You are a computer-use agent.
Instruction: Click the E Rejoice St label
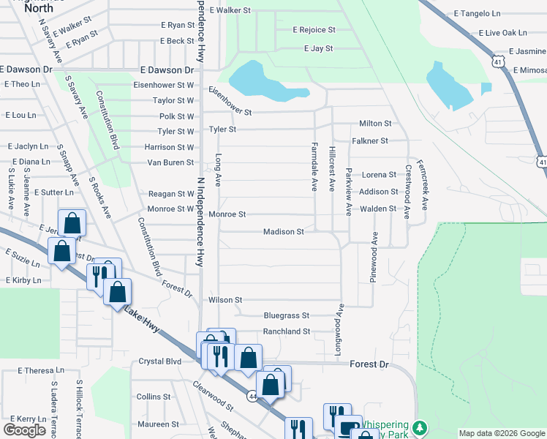(314, 30)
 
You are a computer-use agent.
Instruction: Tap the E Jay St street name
(318, 48)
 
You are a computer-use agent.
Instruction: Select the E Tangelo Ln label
(477, 13)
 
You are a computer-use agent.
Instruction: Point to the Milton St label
(375, 124)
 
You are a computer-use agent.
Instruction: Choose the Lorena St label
(379, 175)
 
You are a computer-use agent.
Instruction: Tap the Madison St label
(284, 232)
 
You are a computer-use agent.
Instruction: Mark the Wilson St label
(225, 300)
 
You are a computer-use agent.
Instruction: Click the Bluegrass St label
(287, 316)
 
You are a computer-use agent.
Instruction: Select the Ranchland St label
(287, 331)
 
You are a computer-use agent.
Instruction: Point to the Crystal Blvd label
(159, 361)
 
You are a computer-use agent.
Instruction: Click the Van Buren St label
(170, 162)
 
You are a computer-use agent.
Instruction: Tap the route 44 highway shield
(253, 396)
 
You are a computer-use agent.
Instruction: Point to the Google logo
(25, 430)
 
